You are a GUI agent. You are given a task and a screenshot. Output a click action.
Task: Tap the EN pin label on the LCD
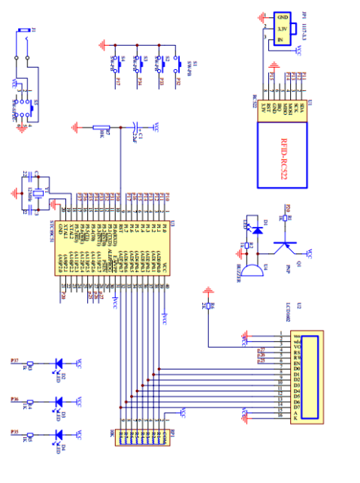276,363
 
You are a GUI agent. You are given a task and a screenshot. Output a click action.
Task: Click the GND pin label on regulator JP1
283,18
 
